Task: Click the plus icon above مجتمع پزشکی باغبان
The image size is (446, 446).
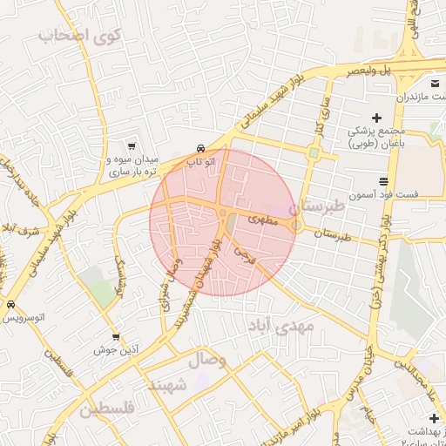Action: [x=376, y=118]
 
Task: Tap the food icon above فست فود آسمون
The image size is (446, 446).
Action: [x=384, y=181]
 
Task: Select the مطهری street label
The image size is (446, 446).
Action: [x=264, y=220]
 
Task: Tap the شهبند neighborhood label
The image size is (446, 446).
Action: [x=167, y=384]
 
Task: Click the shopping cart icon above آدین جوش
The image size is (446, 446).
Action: [x=116, y=336]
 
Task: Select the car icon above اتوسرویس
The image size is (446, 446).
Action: [x=11, y=305]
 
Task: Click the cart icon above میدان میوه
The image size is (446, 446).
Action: [x=131, y=146]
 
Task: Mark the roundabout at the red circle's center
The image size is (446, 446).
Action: [x=223, y=213]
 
